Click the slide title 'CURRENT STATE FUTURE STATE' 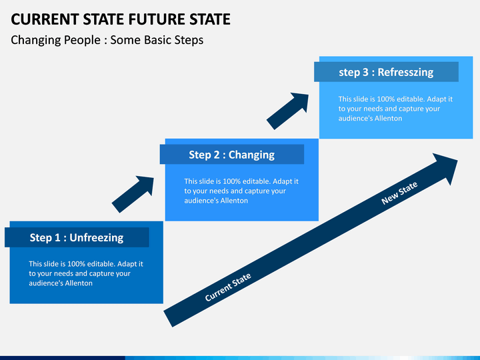coord(121,19)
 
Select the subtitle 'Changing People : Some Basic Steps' coord(107,40)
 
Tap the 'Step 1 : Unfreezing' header coord(77,237)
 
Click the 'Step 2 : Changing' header coord(231,155)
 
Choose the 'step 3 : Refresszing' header coord(386,72)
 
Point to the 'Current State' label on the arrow coord(228,287)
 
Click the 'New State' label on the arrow coord(399,193)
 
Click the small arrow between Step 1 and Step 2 coord(133,194)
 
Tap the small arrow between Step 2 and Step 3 coord(288,111)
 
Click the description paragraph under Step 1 coord(85,273)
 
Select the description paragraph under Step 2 coord(241,191)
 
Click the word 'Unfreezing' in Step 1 coord(97,237)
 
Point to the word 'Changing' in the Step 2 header coord(251,155)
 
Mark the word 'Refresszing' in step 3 coord(405,72)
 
